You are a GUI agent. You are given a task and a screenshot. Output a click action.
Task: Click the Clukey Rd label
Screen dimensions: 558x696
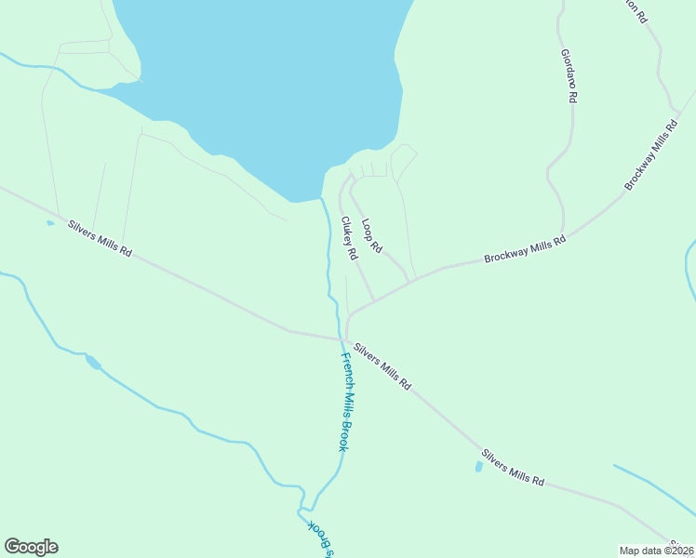350,239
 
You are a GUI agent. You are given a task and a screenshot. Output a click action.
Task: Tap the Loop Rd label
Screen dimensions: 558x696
372,236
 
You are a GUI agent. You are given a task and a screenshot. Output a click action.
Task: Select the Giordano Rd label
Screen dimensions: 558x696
570,75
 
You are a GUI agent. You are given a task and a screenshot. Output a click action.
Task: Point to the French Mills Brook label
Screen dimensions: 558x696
344,402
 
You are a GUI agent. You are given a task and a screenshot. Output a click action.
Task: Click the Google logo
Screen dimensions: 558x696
31,547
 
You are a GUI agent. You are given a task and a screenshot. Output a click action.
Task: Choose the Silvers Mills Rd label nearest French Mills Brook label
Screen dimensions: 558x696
382,365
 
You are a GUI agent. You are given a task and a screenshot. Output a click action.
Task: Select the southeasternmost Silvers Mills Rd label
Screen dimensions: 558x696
513,468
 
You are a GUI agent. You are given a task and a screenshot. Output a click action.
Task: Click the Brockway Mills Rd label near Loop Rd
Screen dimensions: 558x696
525,249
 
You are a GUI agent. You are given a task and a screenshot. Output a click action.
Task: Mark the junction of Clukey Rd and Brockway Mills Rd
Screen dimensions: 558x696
374,299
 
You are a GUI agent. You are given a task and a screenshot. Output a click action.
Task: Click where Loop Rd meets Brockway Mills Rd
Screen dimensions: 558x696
409,281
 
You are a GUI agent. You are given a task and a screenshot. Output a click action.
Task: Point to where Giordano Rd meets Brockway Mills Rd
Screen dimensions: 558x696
563,232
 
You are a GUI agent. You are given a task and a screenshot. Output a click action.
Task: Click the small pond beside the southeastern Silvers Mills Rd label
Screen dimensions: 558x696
478,466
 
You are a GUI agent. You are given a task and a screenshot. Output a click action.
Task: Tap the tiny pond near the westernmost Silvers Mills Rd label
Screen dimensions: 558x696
49,223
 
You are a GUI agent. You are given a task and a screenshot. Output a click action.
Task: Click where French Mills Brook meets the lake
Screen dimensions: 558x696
321,198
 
